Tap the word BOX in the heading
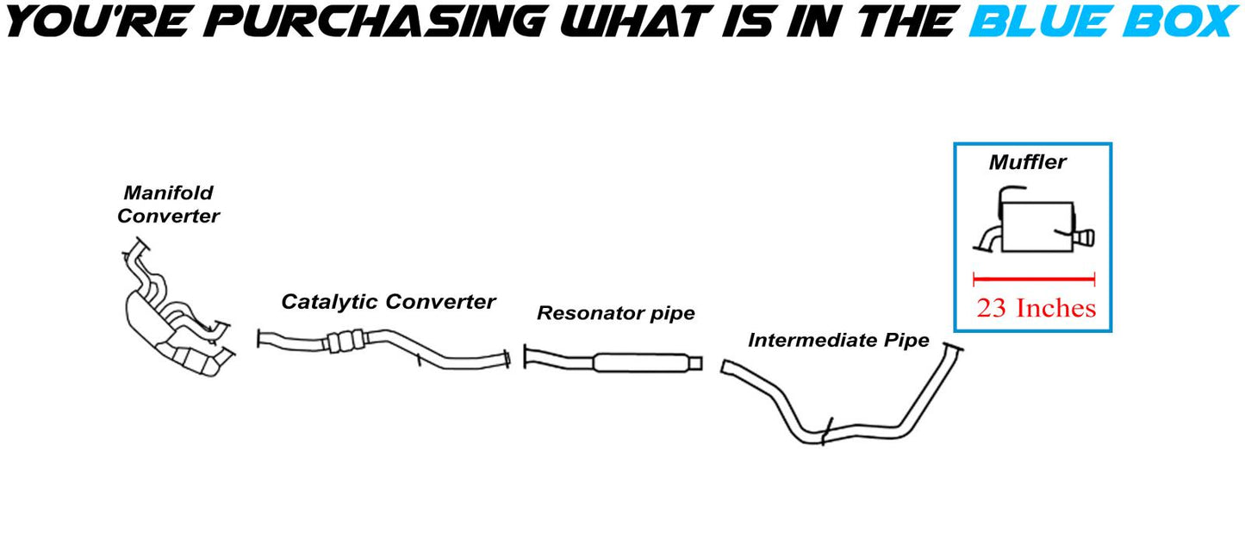click(1180, 22)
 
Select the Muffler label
click(1028, 162)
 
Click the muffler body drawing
click(1037, 226)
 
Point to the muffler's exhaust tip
click(1084, 238)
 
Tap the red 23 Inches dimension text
click(1036, 308)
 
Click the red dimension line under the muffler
click(1034, 279)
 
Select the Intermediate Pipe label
click(838, 340)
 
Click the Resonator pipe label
click(616, 313)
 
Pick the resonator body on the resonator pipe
click(641, 362)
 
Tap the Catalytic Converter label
click(388, 301)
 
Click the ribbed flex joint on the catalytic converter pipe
click(345, 342)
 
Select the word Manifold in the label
click(168, 192)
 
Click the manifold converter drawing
click(177, 310)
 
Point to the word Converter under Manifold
click(168, 216)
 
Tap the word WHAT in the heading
click(633, 22)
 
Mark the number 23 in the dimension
click(991, 308)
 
